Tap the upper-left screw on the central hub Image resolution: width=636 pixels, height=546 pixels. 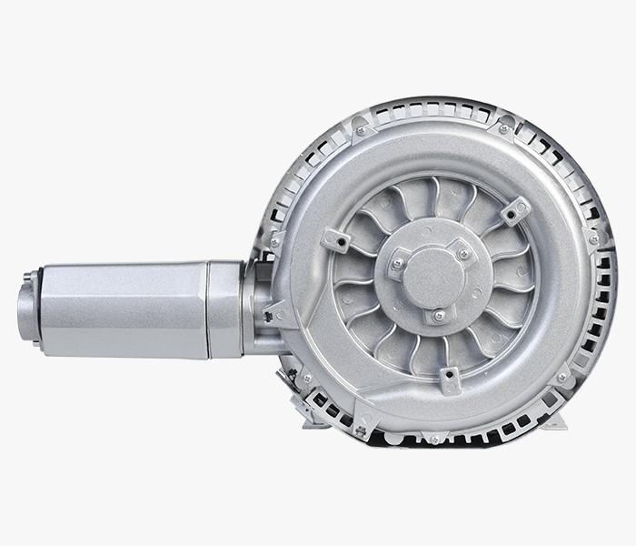397,265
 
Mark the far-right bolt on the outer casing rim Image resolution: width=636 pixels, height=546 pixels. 594,239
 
